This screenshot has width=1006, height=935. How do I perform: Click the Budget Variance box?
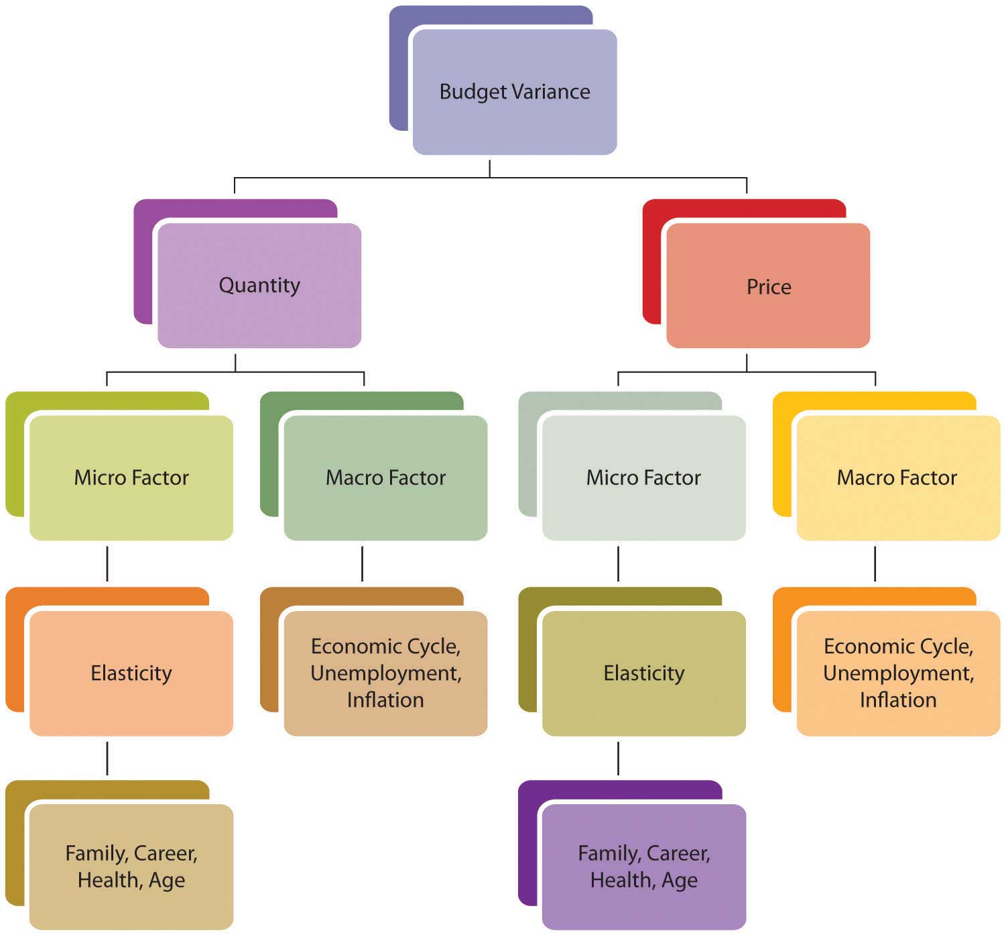[514, 92]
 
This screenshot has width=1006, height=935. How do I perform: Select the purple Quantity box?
[259, 285]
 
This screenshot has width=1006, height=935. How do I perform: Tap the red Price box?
[768, 286]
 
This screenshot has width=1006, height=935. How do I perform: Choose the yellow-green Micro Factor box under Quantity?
[131, 478]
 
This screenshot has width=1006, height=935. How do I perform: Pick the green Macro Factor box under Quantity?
[385, 478]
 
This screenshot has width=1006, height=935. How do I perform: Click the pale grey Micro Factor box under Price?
[643, 478]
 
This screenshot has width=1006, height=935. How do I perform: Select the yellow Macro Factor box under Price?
[897, 478]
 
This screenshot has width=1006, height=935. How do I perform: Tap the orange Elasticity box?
[131, 673]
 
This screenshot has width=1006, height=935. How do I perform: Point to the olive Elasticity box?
[643, 673]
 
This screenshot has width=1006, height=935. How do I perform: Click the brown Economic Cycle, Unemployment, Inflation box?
[385, 673]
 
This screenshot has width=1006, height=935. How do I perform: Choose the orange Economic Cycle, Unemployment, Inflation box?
[897, 673]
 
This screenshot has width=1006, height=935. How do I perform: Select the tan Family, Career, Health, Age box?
[131, 866]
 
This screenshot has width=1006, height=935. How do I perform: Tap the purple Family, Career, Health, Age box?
[643, 866]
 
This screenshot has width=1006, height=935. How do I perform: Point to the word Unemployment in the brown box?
[385, 673]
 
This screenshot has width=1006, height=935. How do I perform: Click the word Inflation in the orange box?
[897, 700]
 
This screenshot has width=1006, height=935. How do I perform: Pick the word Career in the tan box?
[165, 853]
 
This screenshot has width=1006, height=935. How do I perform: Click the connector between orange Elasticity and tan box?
[107, 758]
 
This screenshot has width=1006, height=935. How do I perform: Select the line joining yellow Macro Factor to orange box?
[875, 563]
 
